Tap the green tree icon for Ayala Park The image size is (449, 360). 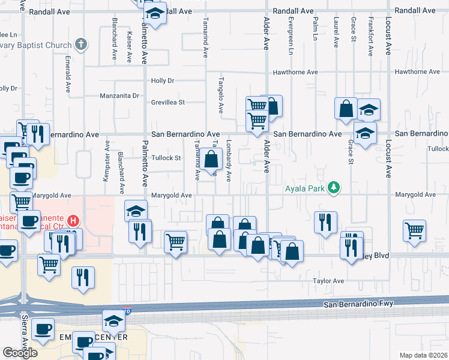tap(333, 188)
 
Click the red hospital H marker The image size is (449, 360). tap(73, 221)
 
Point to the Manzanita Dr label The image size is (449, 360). tap(119, 95)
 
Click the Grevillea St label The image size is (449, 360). tap(167, 102)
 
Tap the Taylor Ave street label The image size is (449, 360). tap(328, 281)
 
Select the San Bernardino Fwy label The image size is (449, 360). tap(358, 304)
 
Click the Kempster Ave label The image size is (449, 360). tap(107, 160)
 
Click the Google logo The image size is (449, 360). tap(20, 352)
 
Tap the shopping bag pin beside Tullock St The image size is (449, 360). tap(211, 160)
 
